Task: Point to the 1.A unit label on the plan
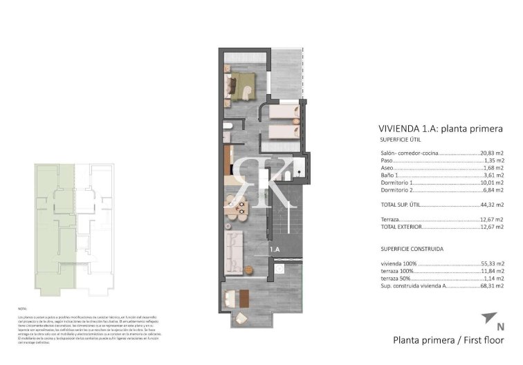click(x=274, y=250)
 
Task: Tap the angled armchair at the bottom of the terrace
click(x=241, y=319)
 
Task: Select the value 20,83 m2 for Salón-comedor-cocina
click(x=492, y=153)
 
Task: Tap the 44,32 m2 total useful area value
click(x=492, y=205)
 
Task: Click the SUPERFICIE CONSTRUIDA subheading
click(x=412, y=248)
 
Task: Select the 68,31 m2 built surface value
click(x=492, y=285)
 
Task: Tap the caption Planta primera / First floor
click(x=448, y=339)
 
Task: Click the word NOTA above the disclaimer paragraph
click(x=22, y=309)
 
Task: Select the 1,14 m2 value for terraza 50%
click(x=493, y=277)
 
